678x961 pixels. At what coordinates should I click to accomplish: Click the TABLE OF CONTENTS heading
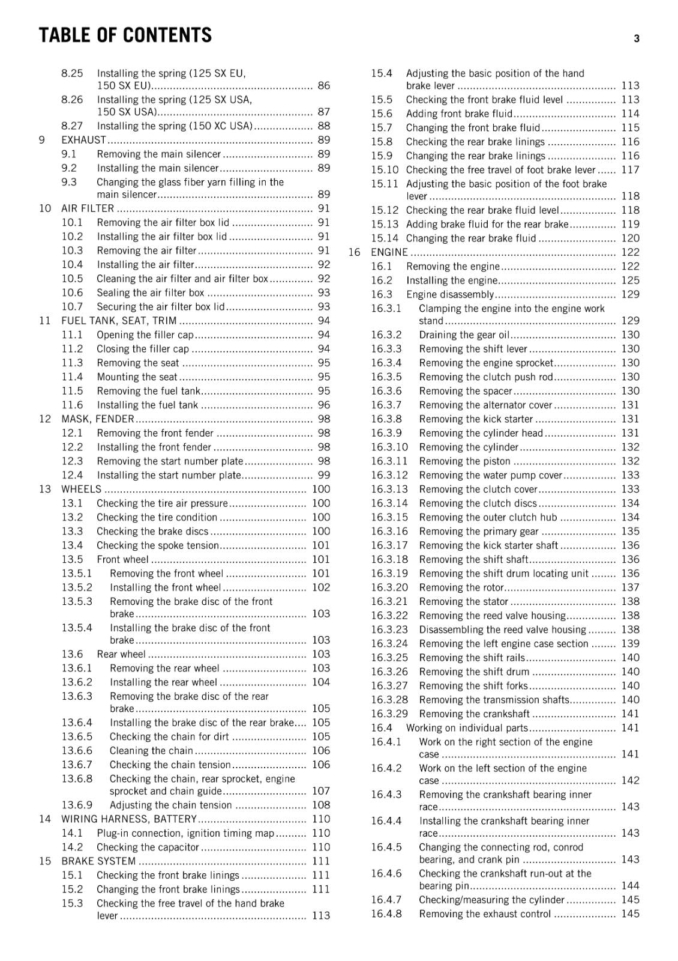[x=125, y=35]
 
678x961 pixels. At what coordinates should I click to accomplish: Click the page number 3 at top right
[x=637, y=39]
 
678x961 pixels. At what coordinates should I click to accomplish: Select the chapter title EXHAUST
[x=83, y=140]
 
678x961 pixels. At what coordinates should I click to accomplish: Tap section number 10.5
[x=72, y=279]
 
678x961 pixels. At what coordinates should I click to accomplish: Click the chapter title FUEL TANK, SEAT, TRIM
[x=119, y=321]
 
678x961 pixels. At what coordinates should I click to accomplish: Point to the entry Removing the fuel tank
[x=148, y=391]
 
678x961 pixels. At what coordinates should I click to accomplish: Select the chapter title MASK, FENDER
[x=97, y=419]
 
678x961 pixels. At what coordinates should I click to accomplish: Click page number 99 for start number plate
[x=323, y=475]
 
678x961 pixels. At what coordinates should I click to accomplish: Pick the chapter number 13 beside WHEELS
[x=45, y=489]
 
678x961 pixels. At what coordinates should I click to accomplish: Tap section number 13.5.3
[x=77, y=601]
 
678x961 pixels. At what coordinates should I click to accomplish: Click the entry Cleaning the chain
[x=151, y=751]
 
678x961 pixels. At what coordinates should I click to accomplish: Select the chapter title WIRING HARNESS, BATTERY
[x=129, y=819]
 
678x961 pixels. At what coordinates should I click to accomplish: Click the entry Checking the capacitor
[x=148, y=847]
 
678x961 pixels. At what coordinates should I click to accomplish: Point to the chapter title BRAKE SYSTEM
[x=98, y=861]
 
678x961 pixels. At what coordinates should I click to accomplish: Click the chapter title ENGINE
[x=389, y=252]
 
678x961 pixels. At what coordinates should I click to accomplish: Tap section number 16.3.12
[x=389, y=475]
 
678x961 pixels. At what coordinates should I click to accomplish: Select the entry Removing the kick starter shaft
[x=488, y=545]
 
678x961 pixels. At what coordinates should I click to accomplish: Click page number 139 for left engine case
[x=630, y=644]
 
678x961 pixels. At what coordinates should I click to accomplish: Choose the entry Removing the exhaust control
[x=485, y=914]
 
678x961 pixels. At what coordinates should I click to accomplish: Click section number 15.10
[x=384, y=170]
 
